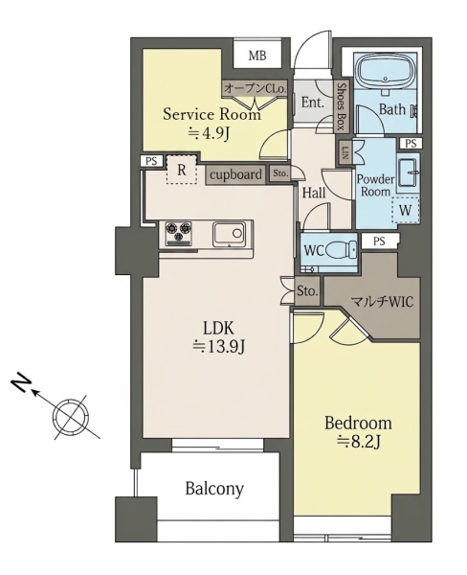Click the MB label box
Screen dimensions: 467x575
pos(257,56)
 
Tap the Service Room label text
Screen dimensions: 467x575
pos(211,114)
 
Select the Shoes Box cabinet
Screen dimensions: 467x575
pos(342,106)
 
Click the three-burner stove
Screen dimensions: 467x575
pos(179,233)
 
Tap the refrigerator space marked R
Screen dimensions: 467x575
pos(181,171)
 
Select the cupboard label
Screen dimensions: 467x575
pos(236,174)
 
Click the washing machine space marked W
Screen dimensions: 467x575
pos(405,211)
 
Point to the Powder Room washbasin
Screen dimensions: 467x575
pos(408,172)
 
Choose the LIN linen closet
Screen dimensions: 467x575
pos(345,152)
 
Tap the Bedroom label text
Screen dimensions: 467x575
pos(358,424)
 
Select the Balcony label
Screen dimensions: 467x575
pos(214,489)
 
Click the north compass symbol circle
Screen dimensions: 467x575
pos(71,417)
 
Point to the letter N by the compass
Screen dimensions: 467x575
pos(21,384)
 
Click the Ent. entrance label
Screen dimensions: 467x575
pos(313,103)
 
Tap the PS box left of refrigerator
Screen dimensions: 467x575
pos(150,161)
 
